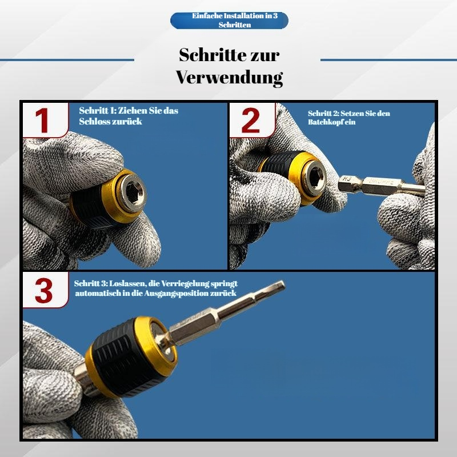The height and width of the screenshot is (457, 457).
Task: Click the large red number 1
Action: click(x=42, y=121)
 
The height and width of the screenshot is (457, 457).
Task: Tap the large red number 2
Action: click(x=250, y=121)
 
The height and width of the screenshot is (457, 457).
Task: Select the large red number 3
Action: click(x=44, y=290)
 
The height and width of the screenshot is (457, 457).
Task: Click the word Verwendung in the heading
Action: click(x=230, y=78)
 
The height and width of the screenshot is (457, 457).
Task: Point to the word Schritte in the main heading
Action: click(x=209, y=54)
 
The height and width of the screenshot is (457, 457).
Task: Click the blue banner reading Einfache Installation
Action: click(x=230, y=21)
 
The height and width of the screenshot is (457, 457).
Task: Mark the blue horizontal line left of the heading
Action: click(x=67, y=60)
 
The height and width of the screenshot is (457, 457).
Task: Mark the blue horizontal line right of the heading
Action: click(x=388, y=60)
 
